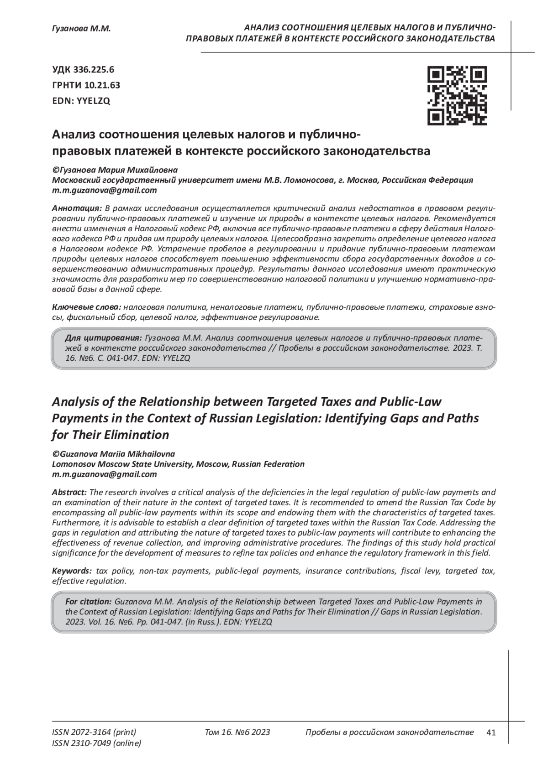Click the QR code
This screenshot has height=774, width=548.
(x=457, y=96)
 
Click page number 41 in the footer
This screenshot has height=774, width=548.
(x=491, y=732)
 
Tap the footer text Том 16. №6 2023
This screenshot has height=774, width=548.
(x=237, y=732)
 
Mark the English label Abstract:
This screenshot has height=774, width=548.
(x=69, y=493)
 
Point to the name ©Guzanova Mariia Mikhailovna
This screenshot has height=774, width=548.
(x=113, y=454)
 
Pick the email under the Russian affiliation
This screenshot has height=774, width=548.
(x=105, y=190)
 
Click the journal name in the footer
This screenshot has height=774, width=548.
(x=389, y=732)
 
